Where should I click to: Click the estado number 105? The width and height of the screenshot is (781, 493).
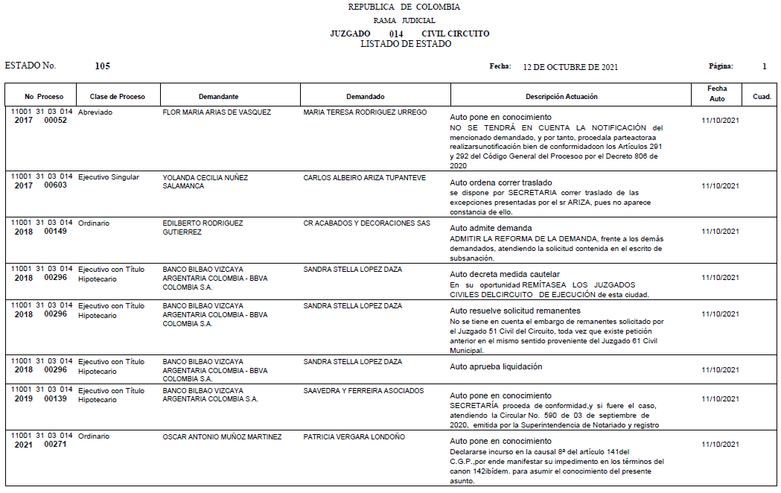point(103,66)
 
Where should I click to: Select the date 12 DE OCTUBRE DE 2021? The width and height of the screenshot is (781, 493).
point(570,67)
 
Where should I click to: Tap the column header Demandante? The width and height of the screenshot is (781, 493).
point(218,97)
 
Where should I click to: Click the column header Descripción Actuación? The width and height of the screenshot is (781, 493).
point(561,97)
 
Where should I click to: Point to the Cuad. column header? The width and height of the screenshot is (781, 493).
point(762,97)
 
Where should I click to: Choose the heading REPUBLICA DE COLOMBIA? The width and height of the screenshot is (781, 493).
point(404,7)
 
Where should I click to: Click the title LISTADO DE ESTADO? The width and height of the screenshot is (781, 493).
point(406,44)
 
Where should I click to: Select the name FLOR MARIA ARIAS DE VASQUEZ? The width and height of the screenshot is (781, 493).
point(217,112)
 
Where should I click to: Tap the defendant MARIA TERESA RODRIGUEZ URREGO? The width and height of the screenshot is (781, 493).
point(365,112)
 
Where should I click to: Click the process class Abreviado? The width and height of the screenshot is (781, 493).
point(95,112)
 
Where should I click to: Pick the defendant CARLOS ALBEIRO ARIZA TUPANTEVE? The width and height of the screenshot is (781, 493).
point(364,178)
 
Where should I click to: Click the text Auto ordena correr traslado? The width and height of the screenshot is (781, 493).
point(501,182)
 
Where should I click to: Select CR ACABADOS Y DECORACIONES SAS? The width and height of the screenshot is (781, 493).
point(367,223)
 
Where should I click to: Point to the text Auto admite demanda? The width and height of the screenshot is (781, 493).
point(491,228)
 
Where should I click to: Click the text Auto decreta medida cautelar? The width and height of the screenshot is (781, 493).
point(505,274)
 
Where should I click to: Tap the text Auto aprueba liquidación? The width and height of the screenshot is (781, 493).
point(496,366)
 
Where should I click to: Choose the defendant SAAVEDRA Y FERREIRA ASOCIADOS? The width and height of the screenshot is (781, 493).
point(363,391)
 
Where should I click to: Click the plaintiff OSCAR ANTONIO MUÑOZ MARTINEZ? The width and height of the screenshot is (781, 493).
point(222,437)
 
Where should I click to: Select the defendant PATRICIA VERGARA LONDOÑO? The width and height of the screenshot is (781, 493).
point(354,437)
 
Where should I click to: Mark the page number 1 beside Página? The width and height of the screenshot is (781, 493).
point(764,66)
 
